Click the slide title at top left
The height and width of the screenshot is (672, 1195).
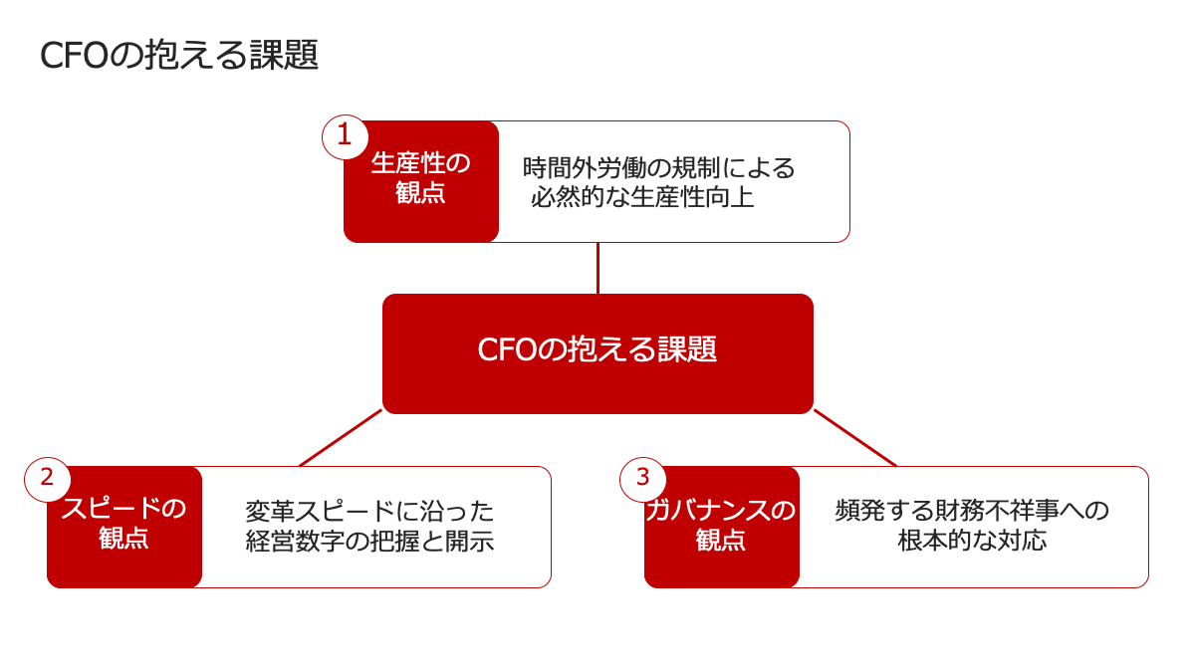click(x=179, y=55)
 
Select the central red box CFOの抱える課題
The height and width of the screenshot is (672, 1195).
click(x=597, y=353)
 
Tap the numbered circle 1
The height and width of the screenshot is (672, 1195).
click(x=345, y=136)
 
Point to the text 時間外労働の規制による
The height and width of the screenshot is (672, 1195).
click(x=659, y=168)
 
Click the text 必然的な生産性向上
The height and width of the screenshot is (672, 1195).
click(x=642, y=197)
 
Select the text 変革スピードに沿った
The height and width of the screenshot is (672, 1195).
click(x=369, y=512)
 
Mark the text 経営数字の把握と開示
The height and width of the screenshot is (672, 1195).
click(x=369, y=541)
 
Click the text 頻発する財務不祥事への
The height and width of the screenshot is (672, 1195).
click(x=972, y=511)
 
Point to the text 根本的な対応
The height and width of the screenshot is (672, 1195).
click(x=972, y=540)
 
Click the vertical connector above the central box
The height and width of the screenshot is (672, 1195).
click(x=598, y=268)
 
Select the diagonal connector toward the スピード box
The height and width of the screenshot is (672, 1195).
click(x=341, y=438)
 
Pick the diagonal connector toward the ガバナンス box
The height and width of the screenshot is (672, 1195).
click(x=855, y=438)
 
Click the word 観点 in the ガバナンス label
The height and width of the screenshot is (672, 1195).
click(x=721, y=540)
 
